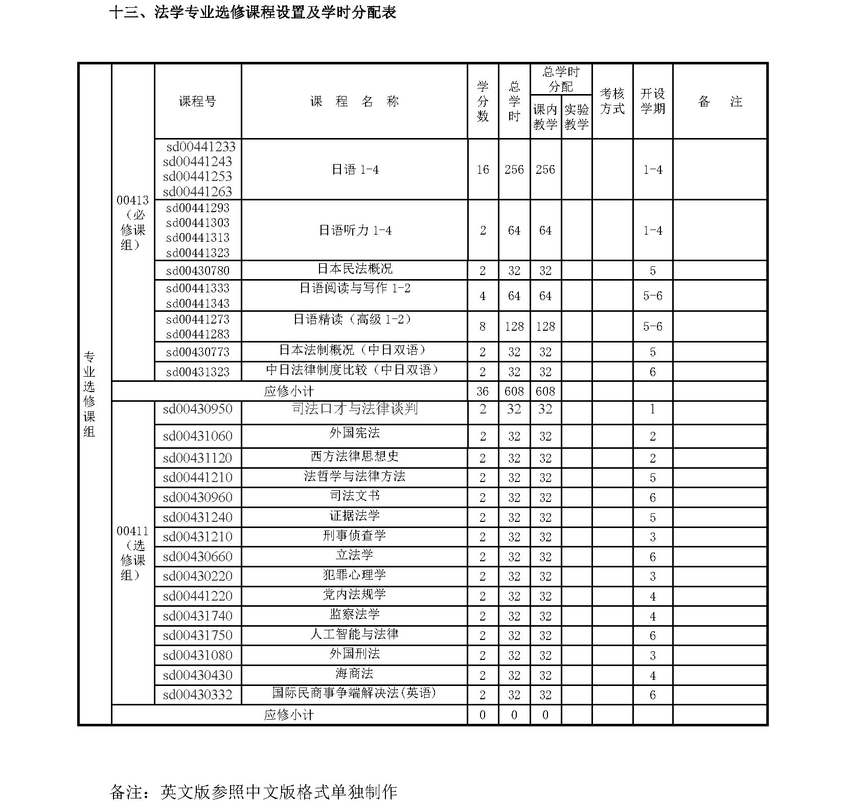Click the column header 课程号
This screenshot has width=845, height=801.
pos(197,101)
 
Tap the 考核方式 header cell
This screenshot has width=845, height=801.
pos(612,101)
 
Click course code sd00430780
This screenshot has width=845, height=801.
pos(197,270)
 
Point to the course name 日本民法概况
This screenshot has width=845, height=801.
pos(354,269)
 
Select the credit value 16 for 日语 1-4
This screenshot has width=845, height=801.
pos(483,170)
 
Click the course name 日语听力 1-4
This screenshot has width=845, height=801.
pos(354,231)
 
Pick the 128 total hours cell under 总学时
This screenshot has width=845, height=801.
pos(514,326)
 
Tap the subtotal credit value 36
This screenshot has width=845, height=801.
pos(483,392)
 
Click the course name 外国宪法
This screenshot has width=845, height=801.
pos(354,433)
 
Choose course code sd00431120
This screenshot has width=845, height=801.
pos(197,458)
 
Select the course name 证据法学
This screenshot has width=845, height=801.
pos(354,515)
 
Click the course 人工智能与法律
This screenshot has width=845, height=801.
pos(354,634)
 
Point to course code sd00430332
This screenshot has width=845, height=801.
pos(197,695)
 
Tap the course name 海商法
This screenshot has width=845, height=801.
pos(354,674)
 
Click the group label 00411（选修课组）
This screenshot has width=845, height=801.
pos(132,553)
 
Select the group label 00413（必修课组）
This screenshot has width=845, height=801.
pos(132,222)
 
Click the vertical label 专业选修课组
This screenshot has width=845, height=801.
pos(89,394)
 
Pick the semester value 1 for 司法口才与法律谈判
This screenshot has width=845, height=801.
pos(652,409)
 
